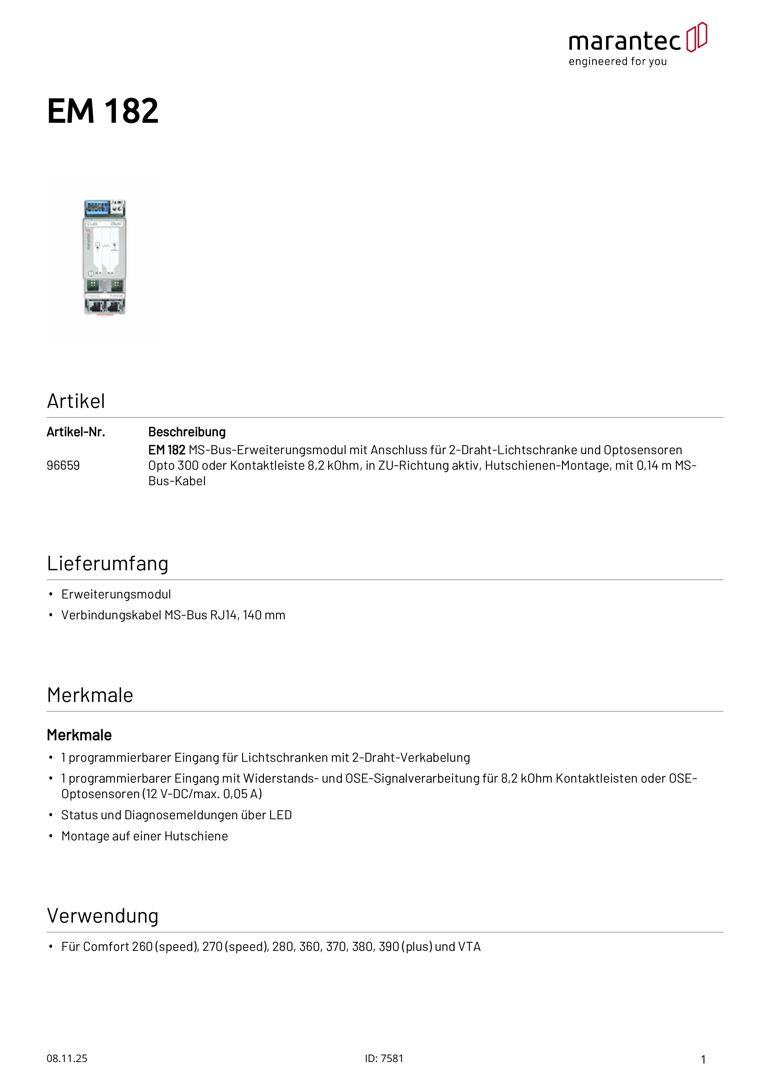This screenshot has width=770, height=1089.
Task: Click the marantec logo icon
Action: (696, 37)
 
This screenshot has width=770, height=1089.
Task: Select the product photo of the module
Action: (105, 260)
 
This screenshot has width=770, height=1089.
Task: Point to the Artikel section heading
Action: (76, 401)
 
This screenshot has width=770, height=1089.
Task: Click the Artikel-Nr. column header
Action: (76, 432)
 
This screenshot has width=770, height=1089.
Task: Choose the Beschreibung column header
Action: (187, 432)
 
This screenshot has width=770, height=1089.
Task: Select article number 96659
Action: (63, 465)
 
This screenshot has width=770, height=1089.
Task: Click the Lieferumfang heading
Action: (108, 563)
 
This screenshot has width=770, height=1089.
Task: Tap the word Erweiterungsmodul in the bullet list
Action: (116, 594)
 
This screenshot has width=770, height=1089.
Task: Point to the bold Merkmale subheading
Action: (79, 735)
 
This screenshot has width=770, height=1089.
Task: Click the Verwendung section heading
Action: (102, 916)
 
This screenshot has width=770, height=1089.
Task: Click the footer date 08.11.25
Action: (67, 1059)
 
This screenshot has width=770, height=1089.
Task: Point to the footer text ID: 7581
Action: (384, 1059)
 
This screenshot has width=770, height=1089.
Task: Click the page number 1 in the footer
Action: (703, 1060)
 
